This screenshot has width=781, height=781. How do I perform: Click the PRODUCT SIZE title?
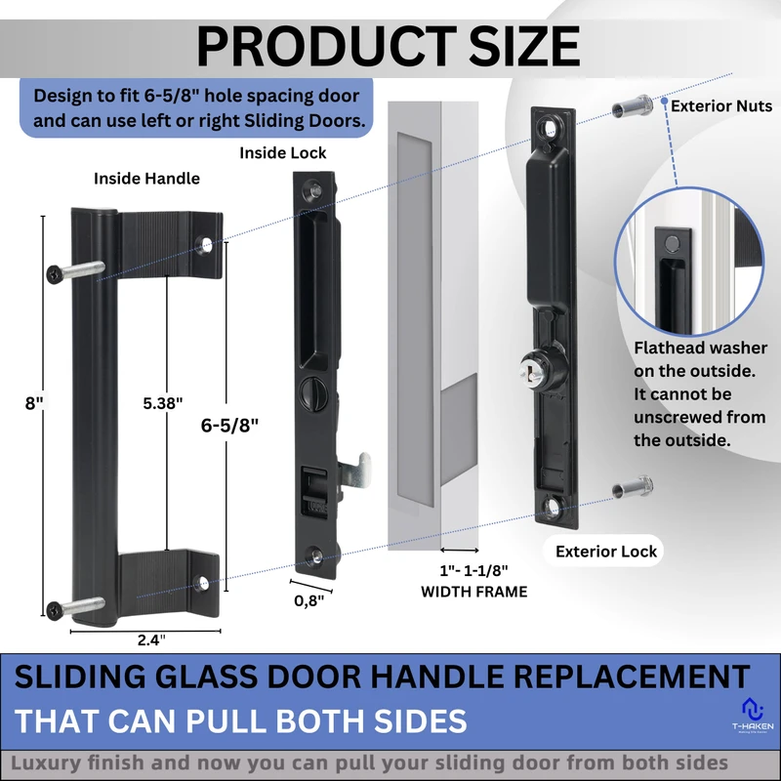pyautogui.click(x=388, y=45)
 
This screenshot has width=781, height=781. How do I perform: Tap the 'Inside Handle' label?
pyautogui.click(x=146, y=179)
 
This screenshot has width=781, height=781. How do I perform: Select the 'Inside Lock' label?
pyautogui.click(x=283, y=153)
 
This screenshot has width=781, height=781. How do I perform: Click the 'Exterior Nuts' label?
pyautogui.click(x=721, y=105)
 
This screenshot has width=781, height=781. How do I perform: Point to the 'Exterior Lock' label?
pyautogui.click(x=606, y=551)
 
